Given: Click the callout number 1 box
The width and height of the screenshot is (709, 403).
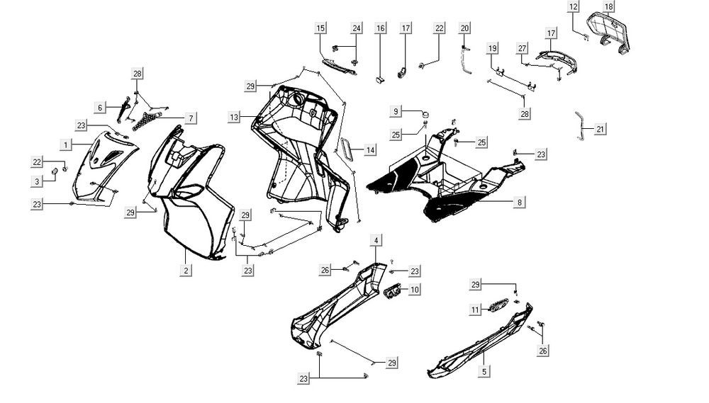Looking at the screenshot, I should (x=66, y=144).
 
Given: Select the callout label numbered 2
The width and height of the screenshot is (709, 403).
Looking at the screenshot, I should (x=186, y=270).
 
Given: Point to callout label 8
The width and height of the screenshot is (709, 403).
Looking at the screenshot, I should (x=520, y=202).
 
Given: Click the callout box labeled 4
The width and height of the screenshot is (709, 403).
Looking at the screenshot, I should (x=376, y=239).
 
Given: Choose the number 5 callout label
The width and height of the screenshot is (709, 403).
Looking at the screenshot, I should (x=484, y=370).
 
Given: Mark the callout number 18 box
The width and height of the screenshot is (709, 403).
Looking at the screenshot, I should (x=608, y=7).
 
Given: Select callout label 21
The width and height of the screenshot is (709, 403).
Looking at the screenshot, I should (x=601, y=130).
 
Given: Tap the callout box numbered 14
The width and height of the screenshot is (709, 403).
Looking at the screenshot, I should (x=370, y=149).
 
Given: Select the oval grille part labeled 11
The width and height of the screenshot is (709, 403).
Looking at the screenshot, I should (x=496, y=307).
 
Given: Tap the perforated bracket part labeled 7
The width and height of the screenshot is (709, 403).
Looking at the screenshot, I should (x=147, y=118).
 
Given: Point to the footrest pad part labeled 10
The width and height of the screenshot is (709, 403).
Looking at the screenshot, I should (x=392, y=290).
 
